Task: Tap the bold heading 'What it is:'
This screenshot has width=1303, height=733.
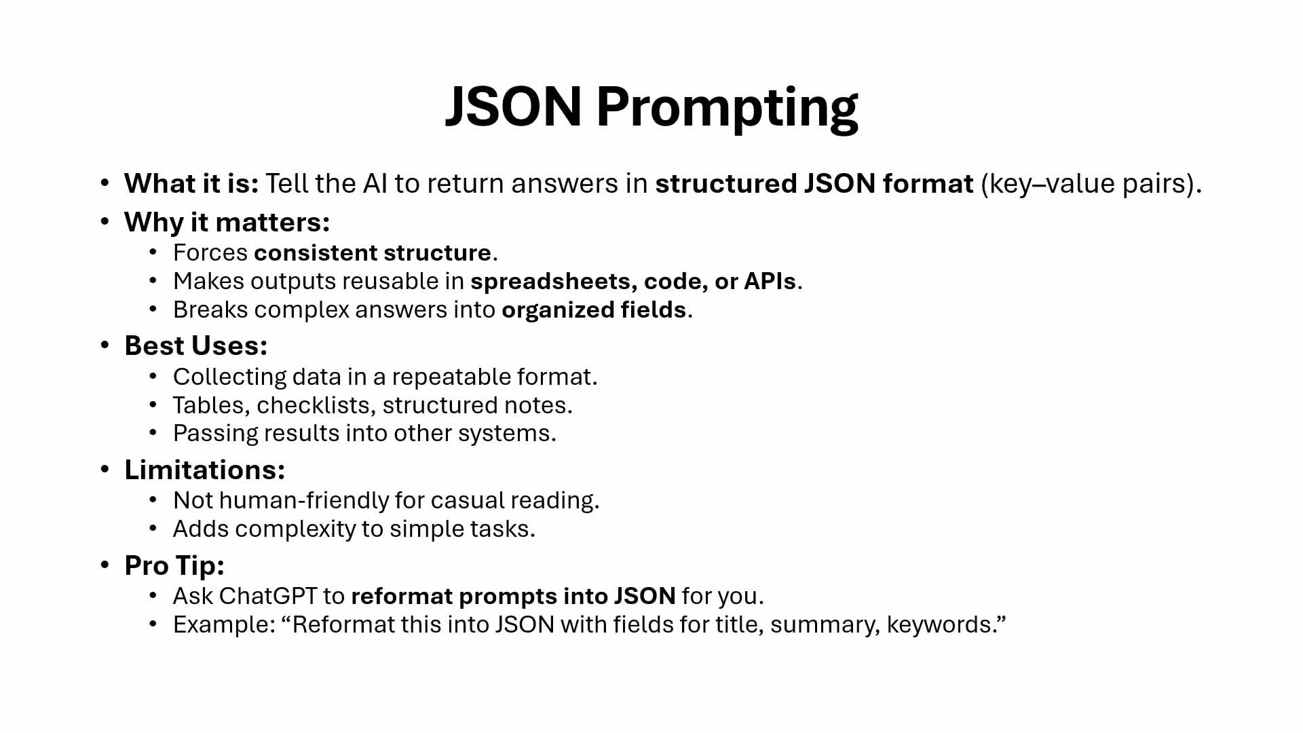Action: [191, 184]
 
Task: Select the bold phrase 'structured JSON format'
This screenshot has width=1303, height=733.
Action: [814, 184]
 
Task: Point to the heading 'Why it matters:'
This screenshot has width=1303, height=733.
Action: [227, 223]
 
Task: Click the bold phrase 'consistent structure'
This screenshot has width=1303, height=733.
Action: [373, 252]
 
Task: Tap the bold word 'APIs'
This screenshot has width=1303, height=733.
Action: [770, 281]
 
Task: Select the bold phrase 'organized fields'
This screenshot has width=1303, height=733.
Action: [594, 310]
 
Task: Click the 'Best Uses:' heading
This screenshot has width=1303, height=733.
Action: [196, 346]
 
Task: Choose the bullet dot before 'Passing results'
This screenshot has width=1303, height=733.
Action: [153, 432]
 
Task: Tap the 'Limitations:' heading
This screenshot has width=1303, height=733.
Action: [205, 470]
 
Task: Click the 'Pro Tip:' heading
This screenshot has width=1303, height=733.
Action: [174, 565]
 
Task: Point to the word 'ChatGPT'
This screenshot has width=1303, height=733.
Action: [268, 596]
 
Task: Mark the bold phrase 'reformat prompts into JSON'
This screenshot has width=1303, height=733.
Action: [513, 597]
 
